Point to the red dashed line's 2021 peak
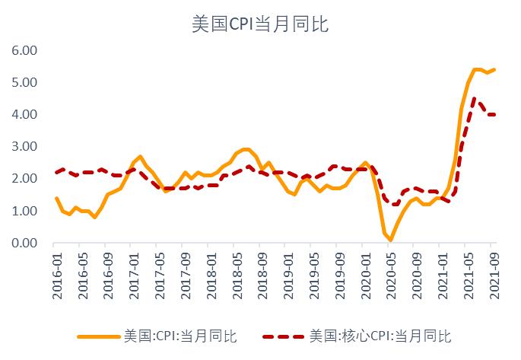coord(474,97)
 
